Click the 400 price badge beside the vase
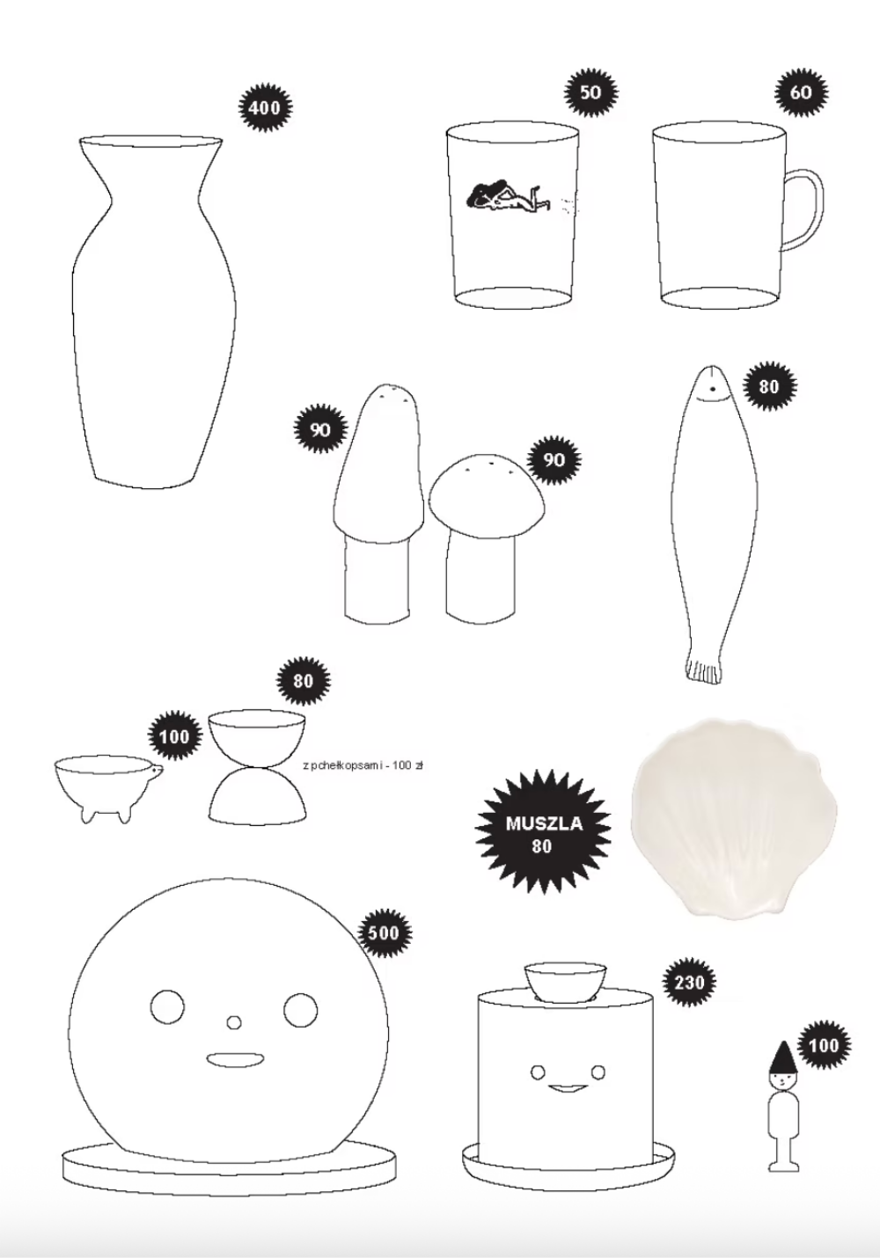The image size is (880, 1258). pos(265,107)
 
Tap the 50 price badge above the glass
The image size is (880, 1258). pos(590,92)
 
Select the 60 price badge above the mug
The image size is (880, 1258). pos(802,92)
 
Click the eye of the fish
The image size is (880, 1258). pos(712,388)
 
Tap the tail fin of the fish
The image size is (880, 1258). pos(703,670)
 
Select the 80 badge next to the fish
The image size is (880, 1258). pos(769,386)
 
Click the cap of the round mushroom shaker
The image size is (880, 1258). pos(487,486)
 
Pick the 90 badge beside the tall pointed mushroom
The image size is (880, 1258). pos(320,430)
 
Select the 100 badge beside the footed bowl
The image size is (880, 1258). pos(175,736)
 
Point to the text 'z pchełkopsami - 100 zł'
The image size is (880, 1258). pos(362,764)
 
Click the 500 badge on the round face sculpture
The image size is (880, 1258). pos(385,933)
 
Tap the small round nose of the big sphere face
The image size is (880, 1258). pos(234,1022)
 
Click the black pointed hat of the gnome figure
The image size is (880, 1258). pos(783,1056)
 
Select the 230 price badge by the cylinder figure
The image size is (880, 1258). pos(690,983)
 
